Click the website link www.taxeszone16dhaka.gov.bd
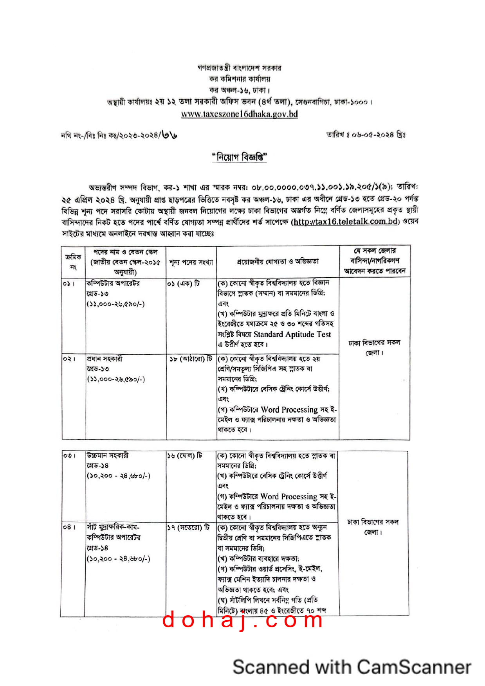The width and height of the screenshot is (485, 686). (x=239, y=114)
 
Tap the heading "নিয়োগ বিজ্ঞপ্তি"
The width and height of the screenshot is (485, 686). (x=240, y=157)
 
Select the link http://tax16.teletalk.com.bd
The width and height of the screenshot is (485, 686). (x=345, y=222)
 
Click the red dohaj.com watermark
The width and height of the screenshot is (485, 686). (x=243, y=620)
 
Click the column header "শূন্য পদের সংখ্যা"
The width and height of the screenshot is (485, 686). (x=191, y=262)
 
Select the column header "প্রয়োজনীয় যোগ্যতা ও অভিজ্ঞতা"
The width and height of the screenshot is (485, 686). (x=278, y=261)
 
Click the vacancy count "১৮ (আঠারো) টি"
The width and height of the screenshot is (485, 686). (x=191, y=359)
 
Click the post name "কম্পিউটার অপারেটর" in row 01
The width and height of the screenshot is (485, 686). (x=113, y=283)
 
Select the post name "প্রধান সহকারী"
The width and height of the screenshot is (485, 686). (x=105, y=359)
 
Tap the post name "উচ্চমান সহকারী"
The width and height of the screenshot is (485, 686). (x=108, y=456)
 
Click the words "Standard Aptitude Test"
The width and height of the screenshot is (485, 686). (x=292, y=334)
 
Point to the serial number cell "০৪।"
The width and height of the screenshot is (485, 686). (x=69, y=528)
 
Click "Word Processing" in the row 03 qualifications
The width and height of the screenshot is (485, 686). (x=288, y=496)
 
